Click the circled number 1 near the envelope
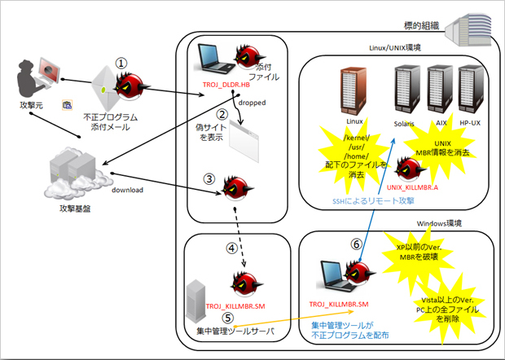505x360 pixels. tap(121, 62)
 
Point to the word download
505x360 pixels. tap(127, 190)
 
